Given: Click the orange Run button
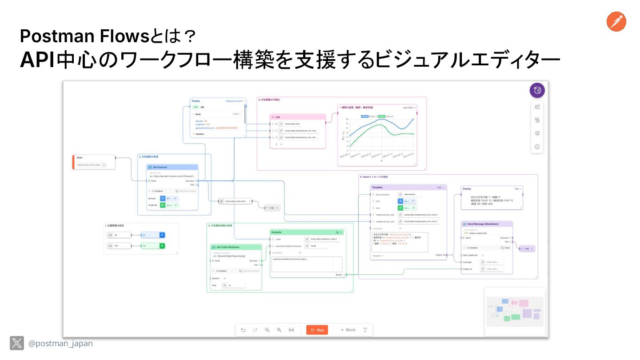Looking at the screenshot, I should (317, 330).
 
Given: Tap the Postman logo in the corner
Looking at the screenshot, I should (616, 22).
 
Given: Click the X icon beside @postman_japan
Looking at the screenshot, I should (17, 343).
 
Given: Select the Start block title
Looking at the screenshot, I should (80, 157).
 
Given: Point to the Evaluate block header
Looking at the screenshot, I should (276, 232).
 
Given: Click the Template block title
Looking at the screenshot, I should (377, 188).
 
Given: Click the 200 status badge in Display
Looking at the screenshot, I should (195, 107).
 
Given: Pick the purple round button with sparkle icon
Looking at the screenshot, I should (537, 90).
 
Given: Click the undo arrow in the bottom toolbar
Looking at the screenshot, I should (243, 330).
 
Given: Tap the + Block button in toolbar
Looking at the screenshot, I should (348, 330).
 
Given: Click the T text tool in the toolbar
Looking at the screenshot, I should (365, 330).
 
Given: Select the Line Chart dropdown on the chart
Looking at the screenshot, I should (409, 108).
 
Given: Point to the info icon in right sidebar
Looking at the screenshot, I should (537, 147).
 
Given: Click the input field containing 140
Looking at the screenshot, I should (121, 245).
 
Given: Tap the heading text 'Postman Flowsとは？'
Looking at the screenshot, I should (108, 36).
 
